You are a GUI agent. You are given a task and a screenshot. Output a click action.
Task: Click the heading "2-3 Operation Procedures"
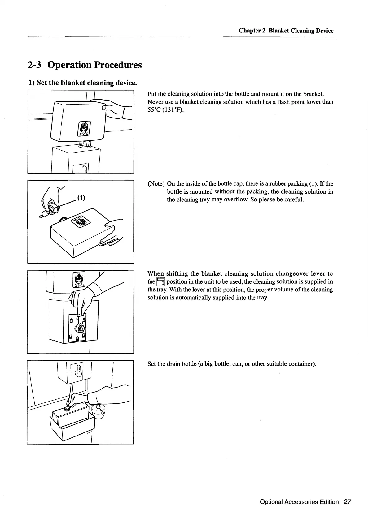coord(85,65)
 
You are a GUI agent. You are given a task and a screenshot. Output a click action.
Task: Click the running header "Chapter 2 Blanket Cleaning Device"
coord(286,31)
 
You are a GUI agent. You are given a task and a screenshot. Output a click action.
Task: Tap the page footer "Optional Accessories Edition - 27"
coord(305,502)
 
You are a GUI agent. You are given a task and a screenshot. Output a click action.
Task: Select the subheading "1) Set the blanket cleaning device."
coord(82,83)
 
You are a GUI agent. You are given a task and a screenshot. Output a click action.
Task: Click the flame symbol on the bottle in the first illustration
coord(84,127)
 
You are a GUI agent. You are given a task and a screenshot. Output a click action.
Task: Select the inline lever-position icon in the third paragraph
coord(161,282)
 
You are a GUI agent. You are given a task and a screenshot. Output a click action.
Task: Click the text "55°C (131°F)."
coord(165,110)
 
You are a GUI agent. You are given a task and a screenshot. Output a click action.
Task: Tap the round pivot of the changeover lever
coord(81,328)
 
